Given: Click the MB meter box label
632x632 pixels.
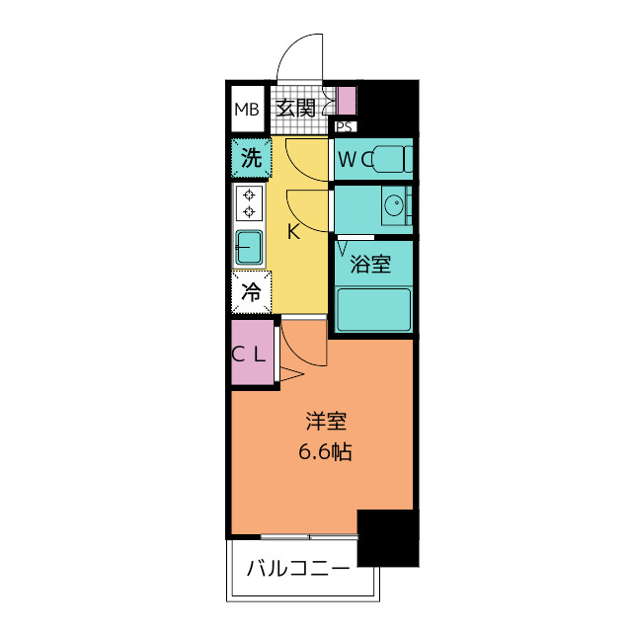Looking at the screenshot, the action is point(247,110).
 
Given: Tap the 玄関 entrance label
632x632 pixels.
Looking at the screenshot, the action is point(295,108).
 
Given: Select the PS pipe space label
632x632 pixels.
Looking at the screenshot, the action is point(345,127).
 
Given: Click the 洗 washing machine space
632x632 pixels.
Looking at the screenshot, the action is point(251,158).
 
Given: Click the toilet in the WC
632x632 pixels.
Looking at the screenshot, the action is point(392,159).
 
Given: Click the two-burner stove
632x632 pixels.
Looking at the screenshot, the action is point(249,203).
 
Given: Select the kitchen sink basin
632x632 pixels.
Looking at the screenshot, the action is point(249,247).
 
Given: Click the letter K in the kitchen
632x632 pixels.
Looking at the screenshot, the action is point(293,231).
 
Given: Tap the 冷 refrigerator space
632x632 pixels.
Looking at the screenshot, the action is point(251,292).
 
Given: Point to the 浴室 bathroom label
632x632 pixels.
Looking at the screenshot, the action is point(370,264).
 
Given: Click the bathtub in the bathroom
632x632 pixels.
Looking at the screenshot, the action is point(373,309).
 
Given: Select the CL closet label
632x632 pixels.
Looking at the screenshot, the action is point(248,355).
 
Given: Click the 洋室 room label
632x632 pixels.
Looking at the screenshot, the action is point(326,422).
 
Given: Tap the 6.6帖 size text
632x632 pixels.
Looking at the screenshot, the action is point(325,452).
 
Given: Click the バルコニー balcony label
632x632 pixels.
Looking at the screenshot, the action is point(298,569).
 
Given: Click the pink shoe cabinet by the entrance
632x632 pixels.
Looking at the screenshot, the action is point(347,101).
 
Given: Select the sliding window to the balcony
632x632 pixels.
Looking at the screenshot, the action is point(309,537).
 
